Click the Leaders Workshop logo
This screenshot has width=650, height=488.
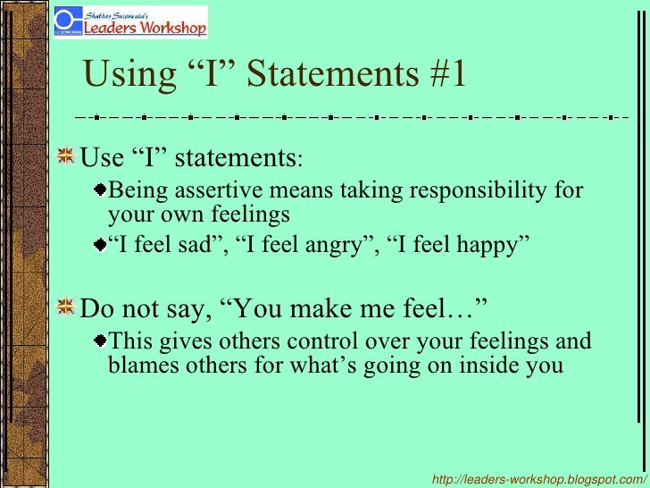130,22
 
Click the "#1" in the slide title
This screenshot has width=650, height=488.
441,76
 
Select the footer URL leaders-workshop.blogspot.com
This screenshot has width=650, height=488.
538,480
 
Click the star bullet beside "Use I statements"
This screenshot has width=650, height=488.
65,158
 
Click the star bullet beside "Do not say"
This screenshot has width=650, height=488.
65,308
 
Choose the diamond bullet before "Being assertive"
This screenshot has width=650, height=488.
102,190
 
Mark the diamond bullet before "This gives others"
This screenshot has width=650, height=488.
102,341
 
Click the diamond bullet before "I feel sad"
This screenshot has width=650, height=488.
102,244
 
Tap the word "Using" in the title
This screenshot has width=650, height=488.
122,76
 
